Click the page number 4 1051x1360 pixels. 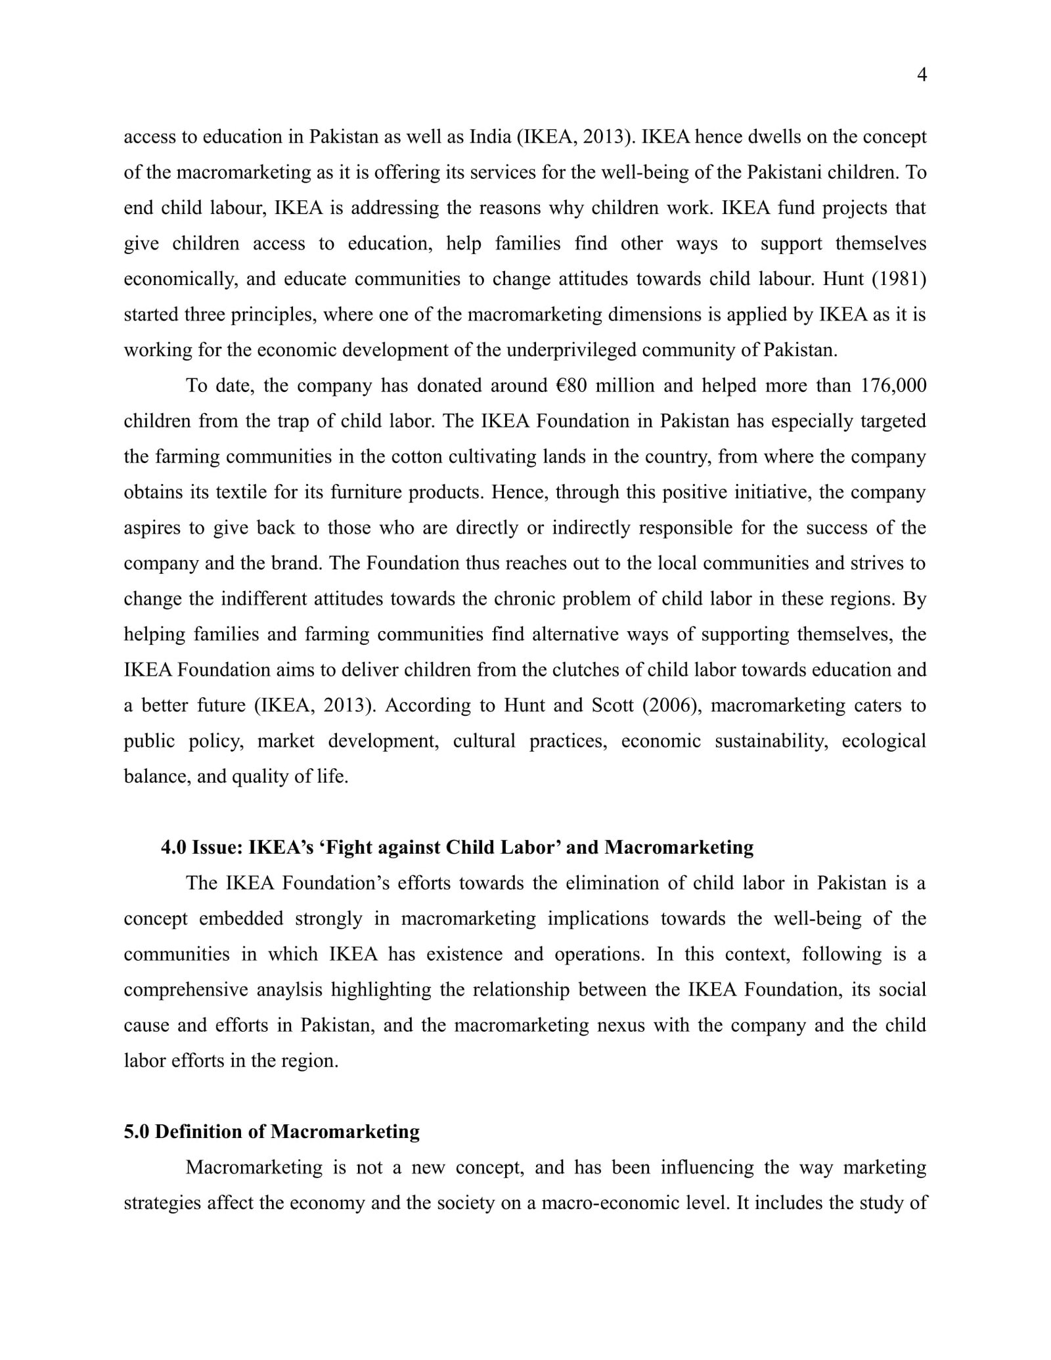tap(921, 76)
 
